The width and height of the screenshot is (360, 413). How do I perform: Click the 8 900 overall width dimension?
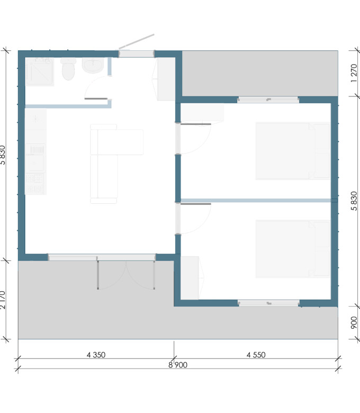(178, 365)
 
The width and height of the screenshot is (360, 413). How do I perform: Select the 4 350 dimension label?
(96, 355)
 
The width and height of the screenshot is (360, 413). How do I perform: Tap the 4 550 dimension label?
(256, 355)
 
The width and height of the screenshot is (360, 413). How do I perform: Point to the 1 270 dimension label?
(354, 73)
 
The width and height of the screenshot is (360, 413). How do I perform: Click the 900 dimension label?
(354, 322)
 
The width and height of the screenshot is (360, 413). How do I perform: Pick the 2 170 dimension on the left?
(2, 300)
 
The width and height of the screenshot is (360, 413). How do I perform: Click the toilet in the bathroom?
(68, 69)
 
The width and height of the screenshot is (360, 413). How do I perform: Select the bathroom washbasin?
(93, 65)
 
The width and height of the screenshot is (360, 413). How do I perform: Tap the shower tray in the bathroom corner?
(40, 71)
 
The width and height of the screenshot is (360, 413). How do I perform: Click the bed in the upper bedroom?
(293, 151)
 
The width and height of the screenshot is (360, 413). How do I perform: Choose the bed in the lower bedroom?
(293, 249)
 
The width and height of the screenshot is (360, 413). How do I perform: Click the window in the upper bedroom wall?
(268, 100)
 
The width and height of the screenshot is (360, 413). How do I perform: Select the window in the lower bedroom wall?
(268, 303)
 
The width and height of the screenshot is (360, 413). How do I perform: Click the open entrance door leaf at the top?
(137, 42)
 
